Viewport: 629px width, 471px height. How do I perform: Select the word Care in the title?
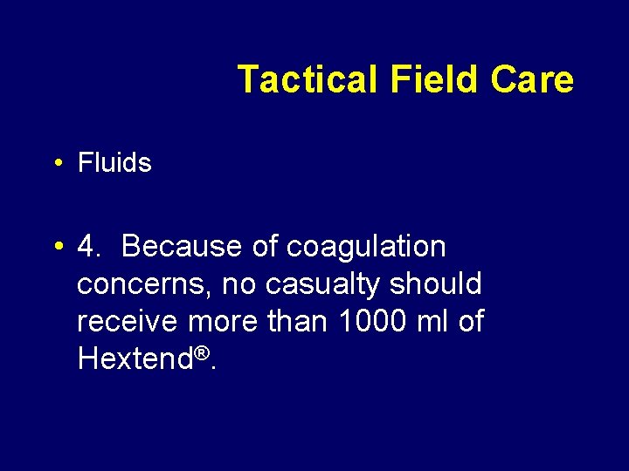[x=532, y=79]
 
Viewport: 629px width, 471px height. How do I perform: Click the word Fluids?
[x=114, y=163]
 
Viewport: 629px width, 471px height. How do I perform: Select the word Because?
[x=183, y=247]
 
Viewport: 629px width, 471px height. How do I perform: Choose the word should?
[x=436, y=283]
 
